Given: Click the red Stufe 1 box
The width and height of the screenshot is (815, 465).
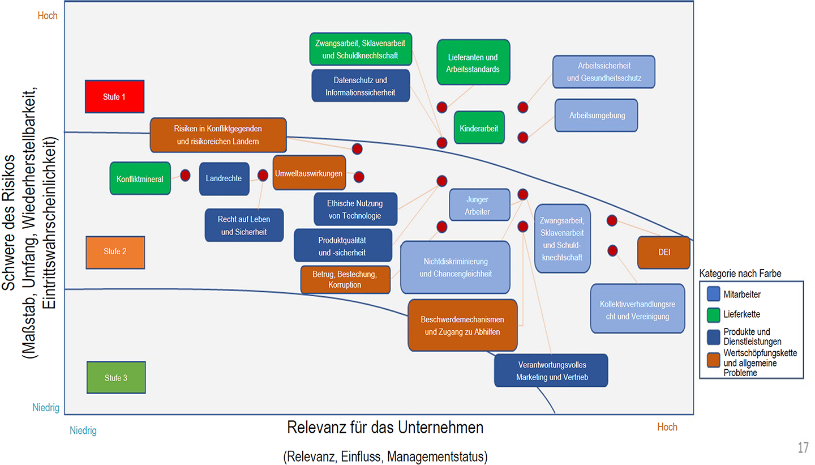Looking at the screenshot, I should point(114,97).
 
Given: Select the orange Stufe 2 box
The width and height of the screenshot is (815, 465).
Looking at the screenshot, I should point(115,251).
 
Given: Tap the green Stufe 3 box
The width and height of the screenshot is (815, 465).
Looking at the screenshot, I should point(116,378).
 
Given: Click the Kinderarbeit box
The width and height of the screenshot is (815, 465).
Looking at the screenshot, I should point(479,128).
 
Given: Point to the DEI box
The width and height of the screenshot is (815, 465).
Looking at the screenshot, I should point(664,253).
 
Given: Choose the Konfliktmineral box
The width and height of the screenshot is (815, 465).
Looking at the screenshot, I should point(140,179).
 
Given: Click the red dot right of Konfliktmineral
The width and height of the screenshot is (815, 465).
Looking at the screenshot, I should point(185,175).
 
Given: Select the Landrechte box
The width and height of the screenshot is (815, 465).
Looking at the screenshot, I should point(224,179).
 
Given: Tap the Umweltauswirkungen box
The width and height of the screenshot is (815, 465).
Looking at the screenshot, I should point(309,173).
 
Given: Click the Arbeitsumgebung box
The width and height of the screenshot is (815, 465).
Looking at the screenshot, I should point(596,116).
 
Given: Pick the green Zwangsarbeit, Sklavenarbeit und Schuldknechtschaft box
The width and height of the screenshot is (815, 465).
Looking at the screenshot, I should point(361,49).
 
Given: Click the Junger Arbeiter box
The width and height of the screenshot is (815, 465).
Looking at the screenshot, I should point(477,206).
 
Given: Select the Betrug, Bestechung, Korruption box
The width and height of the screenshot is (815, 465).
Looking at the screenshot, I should point(345,280).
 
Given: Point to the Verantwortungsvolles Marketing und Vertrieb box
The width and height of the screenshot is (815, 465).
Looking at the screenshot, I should point(551,371).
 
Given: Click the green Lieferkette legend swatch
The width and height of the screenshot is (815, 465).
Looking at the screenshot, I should point(714,314).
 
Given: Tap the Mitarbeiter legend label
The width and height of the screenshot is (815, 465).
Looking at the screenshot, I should point(742,295).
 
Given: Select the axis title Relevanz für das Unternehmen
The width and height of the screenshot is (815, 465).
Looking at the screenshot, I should point(385,427).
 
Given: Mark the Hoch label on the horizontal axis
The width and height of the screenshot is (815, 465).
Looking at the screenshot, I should point(667,427).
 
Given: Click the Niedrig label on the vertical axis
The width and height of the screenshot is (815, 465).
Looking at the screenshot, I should point(45,408).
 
